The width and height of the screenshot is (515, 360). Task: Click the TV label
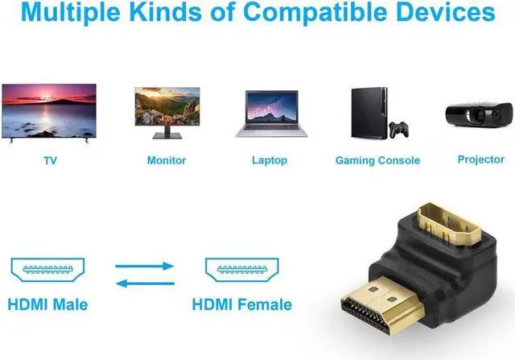50,160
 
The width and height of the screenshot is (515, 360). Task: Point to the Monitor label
167,160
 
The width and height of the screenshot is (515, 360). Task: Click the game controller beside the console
398,129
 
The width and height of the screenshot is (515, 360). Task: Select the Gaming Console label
377,160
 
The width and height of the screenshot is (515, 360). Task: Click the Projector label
480,159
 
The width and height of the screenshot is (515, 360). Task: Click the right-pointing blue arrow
145,265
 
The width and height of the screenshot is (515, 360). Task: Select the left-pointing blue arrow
145,281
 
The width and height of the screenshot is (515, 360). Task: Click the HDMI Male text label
47,304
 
